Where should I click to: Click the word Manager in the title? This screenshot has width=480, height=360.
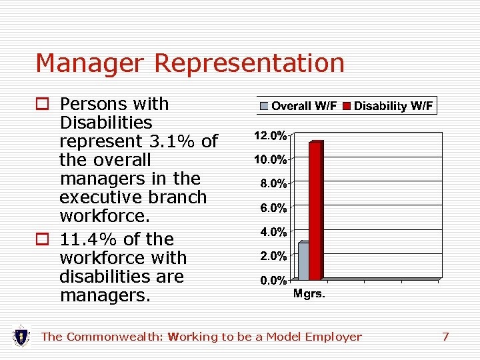[x=91, y=63]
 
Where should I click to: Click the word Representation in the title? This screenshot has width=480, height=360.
[x=249, y=63]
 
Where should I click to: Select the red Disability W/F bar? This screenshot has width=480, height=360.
[x=315, y=210]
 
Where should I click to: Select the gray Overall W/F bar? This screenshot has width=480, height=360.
[x=303, y=261]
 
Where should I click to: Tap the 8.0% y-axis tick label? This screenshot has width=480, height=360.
[x=273, y=183]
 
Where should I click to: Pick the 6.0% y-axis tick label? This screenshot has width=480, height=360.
[x=273, y=208]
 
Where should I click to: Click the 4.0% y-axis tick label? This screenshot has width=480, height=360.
[x=273, y=232]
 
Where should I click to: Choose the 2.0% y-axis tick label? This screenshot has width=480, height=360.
[x=273, y=256]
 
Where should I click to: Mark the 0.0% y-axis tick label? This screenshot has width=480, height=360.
[x=273, y=280]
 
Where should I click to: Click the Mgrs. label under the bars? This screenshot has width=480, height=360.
[x=309, y=294]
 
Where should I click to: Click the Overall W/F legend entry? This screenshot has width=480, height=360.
[x=299, y=106]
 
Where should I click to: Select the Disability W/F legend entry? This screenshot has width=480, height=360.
[x=389, y=106]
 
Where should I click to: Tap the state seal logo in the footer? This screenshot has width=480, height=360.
[x=21, y=336]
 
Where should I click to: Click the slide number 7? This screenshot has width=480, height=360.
[x=445, y=337]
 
